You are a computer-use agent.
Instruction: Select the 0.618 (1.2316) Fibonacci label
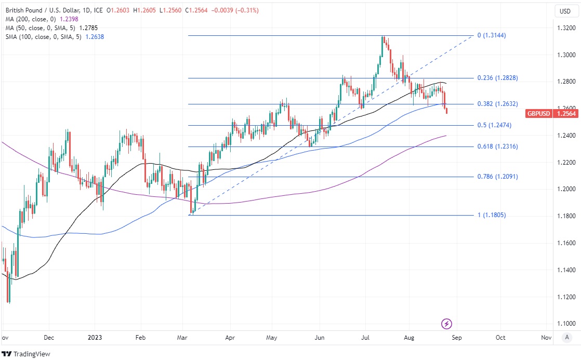[497, 146]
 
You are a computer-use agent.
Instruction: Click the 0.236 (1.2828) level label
[497, 78]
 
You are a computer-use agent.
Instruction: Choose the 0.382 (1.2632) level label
[497, 104]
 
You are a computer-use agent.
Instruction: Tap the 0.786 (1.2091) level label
[497, 177]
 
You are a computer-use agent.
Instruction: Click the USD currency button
[565, 11]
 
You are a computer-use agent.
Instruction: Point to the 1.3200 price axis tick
[565, 28]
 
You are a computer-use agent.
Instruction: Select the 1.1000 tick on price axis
[565, 324]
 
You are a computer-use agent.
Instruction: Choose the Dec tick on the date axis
[49, 337]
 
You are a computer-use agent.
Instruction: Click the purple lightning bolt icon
[446, 324]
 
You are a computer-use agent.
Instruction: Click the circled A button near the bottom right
[566, 337]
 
